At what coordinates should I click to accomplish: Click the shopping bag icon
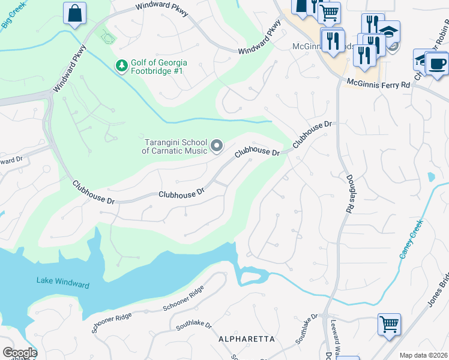(74, 13)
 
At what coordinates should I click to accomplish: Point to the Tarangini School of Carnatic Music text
(174, 146)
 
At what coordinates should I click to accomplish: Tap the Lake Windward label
(62, 281)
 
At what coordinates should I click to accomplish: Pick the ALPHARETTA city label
(246, 339)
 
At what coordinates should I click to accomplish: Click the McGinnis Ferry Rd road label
(378, 85)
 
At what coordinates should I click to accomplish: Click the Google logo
(20, 353)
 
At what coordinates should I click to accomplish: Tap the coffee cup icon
(437, 62)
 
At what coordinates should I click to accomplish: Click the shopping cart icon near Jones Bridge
(389, 325)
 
